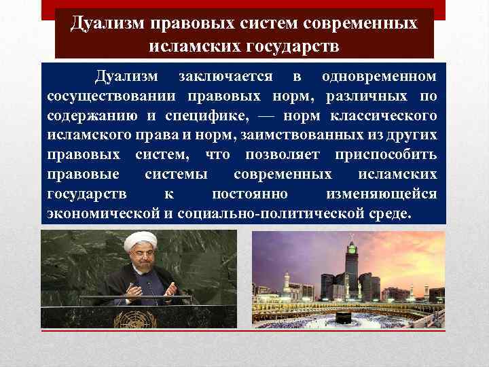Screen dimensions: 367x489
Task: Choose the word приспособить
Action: coord(386,154)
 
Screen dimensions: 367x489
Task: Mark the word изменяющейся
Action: coord(381,194)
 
